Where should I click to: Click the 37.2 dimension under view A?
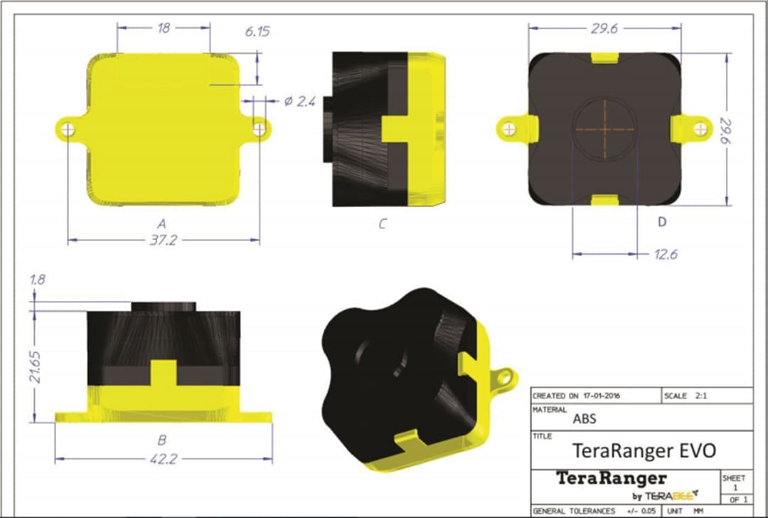(x=163, y=240)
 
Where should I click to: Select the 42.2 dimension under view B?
(x=163, y=459)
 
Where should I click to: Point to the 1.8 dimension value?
(x=38, y=280)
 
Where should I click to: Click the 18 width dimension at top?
(x=163, y=28)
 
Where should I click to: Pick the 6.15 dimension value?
(x=257, y=32)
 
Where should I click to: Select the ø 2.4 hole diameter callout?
(x=299, y=102)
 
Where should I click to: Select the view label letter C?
(x=382, y=224)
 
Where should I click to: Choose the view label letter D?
(x=661, y=223)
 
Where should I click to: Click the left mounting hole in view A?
(x=68, y=129)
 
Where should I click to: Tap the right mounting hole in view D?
(x=701, y=128)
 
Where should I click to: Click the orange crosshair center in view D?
(x=605, y=129)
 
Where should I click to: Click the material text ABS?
(x=584, y=419)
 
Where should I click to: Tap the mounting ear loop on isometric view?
(x=504, y=374)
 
